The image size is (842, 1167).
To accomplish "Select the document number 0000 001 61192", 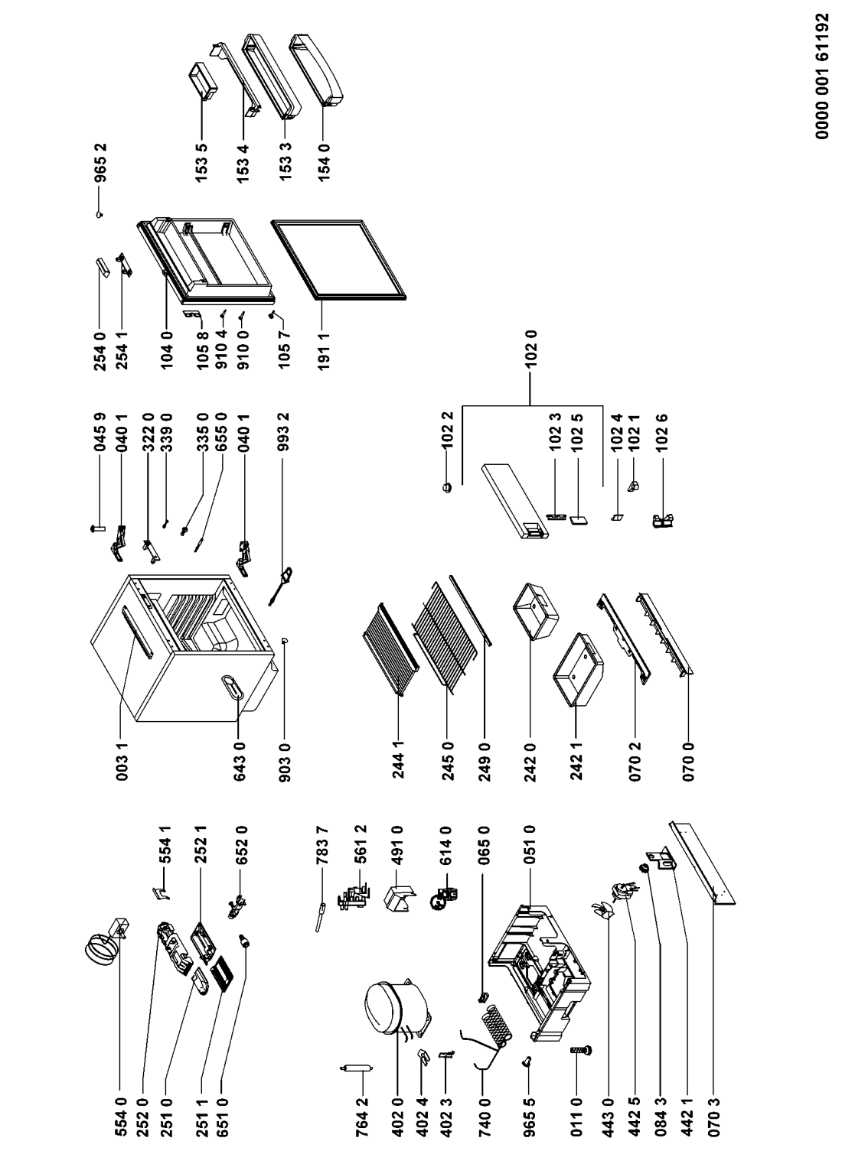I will pos(822,88).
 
